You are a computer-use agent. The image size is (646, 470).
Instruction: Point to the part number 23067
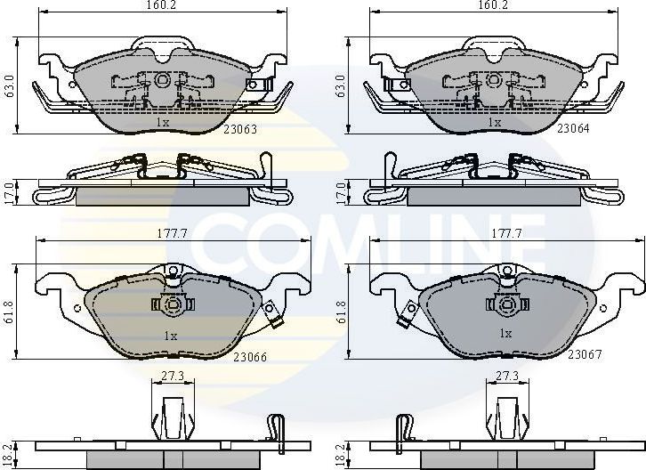585,355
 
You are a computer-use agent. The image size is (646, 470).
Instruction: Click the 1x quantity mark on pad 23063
163,122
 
